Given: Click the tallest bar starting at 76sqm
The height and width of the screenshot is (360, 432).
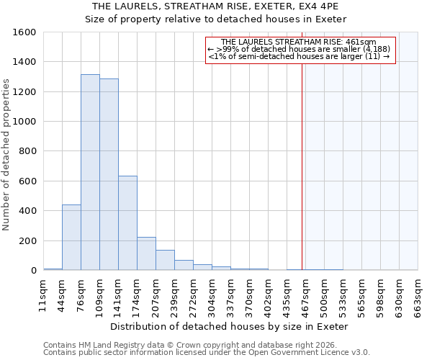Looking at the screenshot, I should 90,173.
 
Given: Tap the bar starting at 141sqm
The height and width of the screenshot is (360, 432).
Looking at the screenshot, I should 127,223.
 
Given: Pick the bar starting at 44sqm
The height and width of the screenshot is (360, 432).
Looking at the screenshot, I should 71,238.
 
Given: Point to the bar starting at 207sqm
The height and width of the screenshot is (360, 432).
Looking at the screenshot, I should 165,261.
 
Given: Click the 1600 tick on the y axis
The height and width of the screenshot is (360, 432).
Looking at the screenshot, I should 24,32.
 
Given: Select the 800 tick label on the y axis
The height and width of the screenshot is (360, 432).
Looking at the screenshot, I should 27,152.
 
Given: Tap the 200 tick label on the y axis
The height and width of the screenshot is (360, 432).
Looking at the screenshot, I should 27,241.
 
